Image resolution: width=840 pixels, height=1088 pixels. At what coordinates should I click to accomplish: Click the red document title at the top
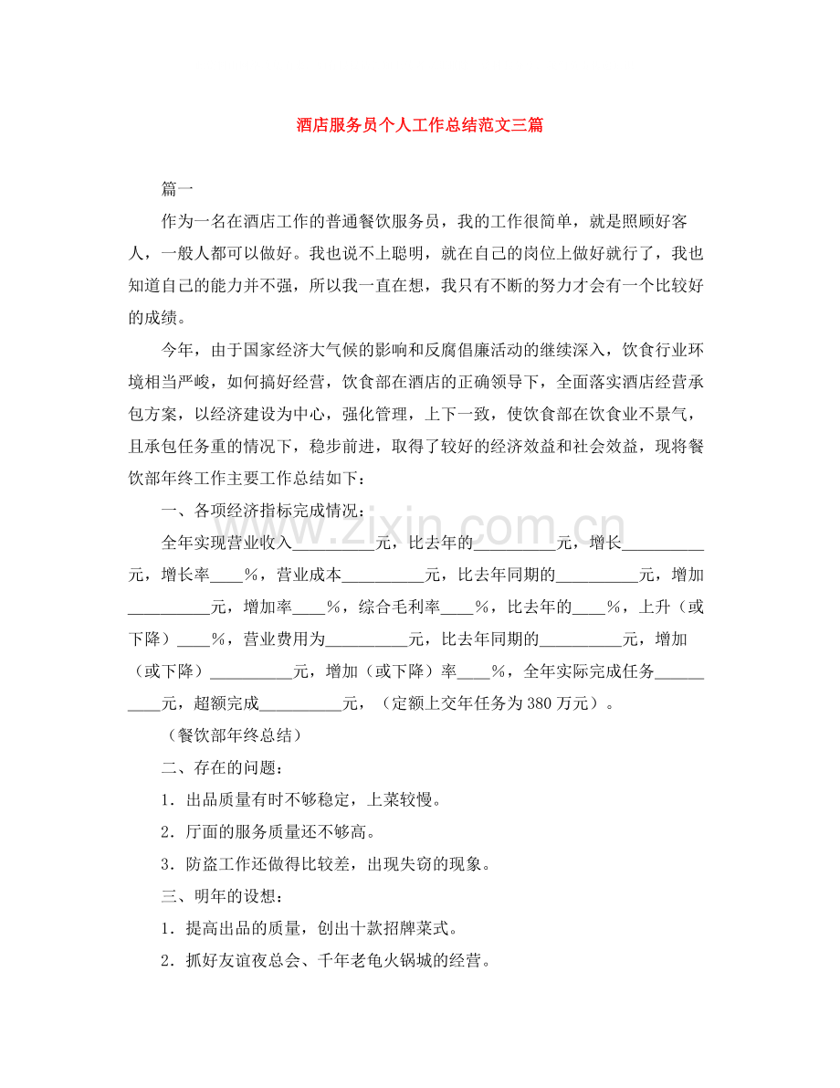pyautogui.click(x=420, y=124)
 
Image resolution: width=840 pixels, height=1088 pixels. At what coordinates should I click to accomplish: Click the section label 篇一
pyautogui.click(x=177, y=189)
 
